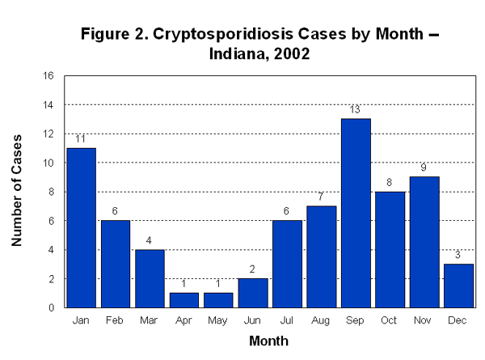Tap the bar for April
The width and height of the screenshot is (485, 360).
184,300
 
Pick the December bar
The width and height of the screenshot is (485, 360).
458,286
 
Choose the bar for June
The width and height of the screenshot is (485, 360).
253,293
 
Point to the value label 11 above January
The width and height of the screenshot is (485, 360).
81,139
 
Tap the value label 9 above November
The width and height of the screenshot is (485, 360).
424,168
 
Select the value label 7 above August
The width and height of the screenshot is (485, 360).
322,197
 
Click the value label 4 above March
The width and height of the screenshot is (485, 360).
150,241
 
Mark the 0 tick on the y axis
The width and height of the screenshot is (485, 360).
51,307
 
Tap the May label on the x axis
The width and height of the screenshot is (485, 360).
218,321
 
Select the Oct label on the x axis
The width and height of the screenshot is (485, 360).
390,321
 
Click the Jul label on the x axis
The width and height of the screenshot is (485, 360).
287,321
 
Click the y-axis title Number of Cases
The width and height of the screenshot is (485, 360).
17,190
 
